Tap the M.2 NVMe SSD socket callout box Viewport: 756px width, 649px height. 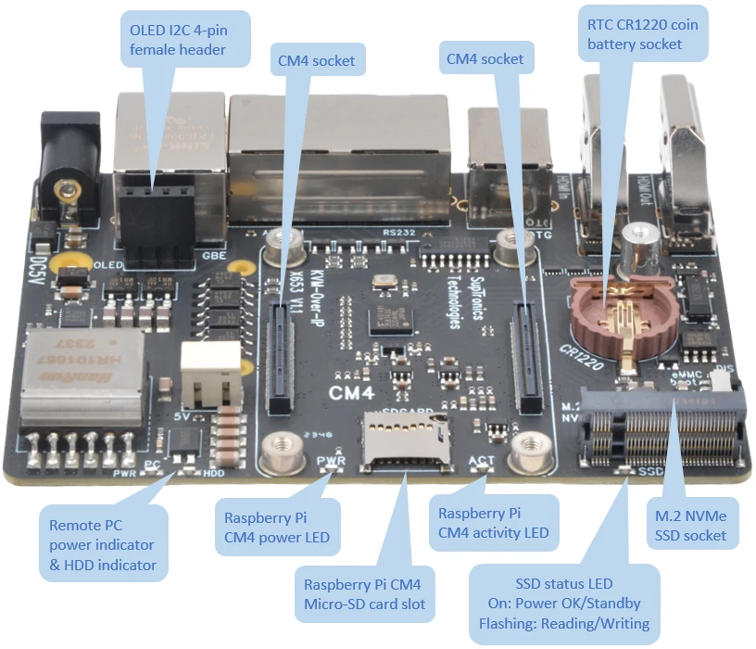[x=690, y=525]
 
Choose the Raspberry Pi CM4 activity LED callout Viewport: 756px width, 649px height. [x=493, y=522]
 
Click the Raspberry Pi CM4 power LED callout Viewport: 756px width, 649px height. [x=276, y=527]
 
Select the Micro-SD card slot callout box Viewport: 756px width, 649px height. [x=364, y=593]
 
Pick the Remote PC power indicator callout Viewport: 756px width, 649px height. [x=102, y=544]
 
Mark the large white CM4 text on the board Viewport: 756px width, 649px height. [x=352, y=393]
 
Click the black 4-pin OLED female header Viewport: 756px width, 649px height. [x=154, y=223]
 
